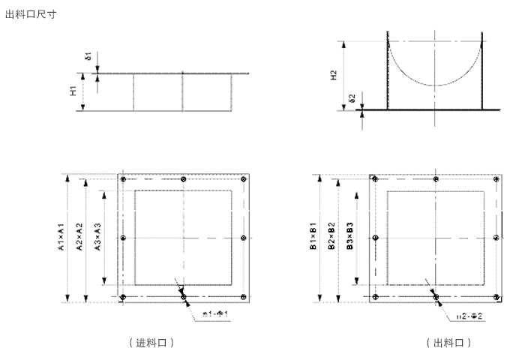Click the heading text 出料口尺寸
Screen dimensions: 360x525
click(x=31, y=13)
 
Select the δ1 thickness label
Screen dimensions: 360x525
click(x=88, y=57)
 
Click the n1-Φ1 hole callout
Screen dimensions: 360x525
click(x=215, y=313)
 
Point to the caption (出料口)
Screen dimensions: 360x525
click(x=448, y=343)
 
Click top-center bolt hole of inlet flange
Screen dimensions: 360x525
click(x=184, y=179)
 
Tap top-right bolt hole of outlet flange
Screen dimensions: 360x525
click(x=496, y=179)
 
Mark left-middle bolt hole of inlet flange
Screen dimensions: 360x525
click(x=124, y=238)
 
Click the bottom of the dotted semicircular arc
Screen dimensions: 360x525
click(x=436, y=85)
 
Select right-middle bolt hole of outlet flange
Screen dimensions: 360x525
click(x=496, y=238)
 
